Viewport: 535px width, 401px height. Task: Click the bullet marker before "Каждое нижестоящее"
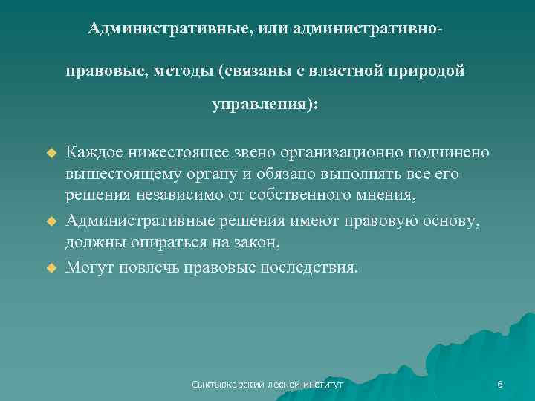[x=52, y=153]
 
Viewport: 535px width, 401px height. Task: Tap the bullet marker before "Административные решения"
[x=52, y=221]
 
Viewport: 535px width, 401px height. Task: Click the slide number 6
[x=500, y=385]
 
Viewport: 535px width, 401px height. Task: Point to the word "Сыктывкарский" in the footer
[x=222, y=385]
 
